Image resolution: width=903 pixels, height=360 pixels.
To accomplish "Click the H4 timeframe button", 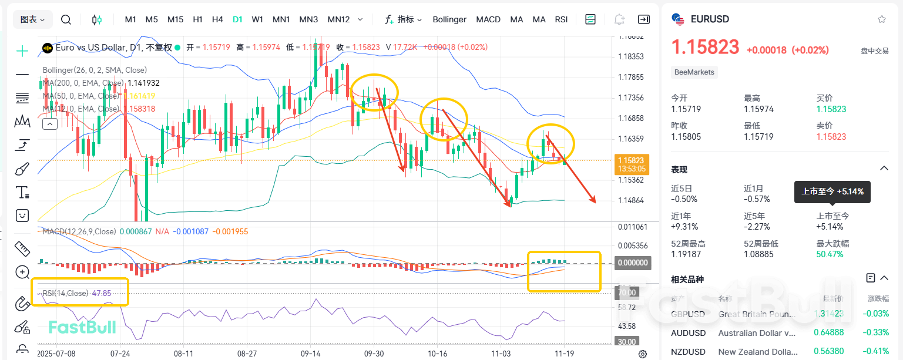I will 217,19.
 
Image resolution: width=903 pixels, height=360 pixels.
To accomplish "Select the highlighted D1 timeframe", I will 237,19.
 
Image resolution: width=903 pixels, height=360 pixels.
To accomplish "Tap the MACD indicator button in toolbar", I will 488,19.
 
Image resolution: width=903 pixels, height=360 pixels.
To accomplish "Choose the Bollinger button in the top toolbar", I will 449,19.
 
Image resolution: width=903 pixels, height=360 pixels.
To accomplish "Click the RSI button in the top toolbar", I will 561,19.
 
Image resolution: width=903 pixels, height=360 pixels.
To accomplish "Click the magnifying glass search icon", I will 66,19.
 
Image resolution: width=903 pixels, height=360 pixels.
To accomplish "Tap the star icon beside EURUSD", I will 881,19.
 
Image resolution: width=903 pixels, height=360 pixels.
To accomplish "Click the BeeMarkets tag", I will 694,72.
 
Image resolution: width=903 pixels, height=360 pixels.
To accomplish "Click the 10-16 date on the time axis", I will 437,354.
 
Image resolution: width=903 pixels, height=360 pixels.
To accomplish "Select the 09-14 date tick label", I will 311,354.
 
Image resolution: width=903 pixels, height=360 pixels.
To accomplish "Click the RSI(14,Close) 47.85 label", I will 77,293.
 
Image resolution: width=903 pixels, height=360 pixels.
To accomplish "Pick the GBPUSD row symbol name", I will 687,314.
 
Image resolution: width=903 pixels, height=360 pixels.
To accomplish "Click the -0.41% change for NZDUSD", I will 877,352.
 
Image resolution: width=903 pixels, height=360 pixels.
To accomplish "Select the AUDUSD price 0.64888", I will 829,333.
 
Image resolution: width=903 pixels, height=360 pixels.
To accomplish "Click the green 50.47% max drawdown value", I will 830,254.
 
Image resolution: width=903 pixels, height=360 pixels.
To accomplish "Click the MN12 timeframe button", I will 338,19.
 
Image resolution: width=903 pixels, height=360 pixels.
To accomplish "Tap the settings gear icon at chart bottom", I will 643,354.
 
